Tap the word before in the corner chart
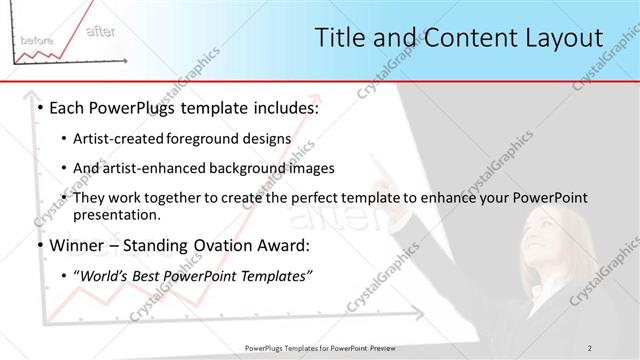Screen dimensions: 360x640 36,39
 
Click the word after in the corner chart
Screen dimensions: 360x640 100,31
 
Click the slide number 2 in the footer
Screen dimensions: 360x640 591,347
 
